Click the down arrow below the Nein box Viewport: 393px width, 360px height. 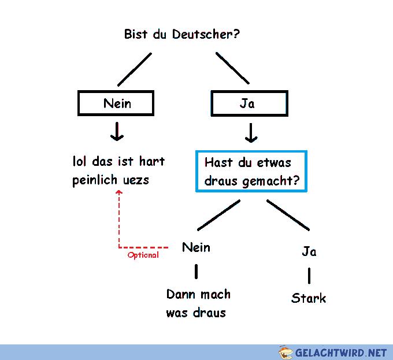117,132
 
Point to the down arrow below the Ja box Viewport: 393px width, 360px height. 251,133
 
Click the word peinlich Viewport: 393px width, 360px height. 95,180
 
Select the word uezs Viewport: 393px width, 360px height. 136,180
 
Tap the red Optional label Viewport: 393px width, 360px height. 143,255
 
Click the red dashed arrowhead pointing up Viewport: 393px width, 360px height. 119,192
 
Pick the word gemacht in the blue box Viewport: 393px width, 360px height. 268,181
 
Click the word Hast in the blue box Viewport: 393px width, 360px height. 218,162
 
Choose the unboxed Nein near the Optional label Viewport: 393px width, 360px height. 196,247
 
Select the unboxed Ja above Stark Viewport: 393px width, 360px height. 309,251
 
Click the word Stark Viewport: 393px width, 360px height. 309,298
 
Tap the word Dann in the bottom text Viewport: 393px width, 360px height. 181,294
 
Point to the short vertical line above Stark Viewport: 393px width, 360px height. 309,276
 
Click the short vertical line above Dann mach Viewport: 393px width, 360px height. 196,272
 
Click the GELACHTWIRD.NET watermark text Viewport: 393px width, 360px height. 340,352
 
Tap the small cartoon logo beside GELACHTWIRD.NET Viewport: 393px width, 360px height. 286,352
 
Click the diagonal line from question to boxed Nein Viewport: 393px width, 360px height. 135,69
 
